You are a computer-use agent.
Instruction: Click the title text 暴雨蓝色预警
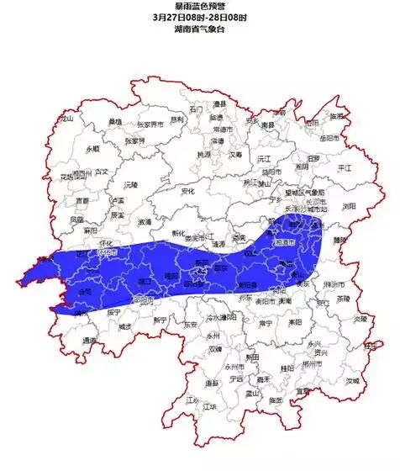click(x=199, y=7)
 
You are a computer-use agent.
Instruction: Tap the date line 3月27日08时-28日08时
click(x=200, y=18)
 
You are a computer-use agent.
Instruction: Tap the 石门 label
click(x=197, y=109)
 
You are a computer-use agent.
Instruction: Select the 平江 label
click(x=345, y=168)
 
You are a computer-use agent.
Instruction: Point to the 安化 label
click(x=186, y=191)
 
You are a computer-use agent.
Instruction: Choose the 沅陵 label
click(x=129, y=183)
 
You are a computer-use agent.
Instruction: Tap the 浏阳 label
click(x=349, y=205)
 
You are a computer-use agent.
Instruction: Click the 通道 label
click(x=89, y=341)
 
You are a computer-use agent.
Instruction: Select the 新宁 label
click(x=161, y=320)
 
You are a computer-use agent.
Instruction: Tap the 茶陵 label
click(x=343, y=298)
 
